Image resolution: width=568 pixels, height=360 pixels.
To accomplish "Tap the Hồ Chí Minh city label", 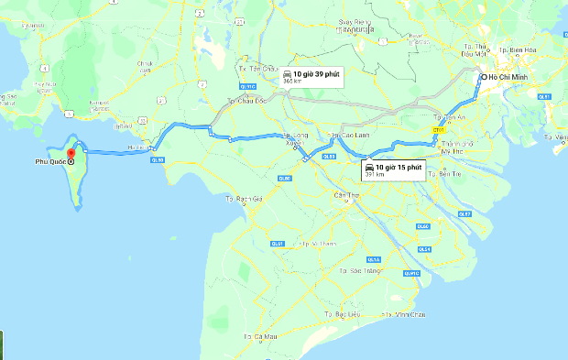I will tap(511, 78).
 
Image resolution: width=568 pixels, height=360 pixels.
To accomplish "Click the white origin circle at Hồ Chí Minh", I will tap(483, 78).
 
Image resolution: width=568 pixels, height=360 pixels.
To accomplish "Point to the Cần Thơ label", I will tap(346, 195).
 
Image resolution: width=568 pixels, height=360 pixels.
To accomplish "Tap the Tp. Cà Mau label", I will tap(260, 337).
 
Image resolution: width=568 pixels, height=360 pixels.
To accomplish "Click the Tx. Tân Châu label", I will tap(257, 68).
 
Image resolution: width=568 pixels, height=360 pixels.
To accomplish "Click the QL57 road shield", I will tap(464, 213).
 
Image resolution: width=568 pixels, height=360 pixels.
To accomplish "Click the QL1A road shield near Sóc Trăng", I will tap(373, 259).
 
